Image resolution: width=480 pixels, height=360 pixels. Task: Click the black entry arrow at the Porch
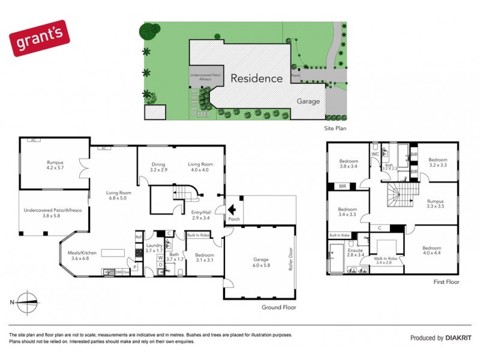[231, 210]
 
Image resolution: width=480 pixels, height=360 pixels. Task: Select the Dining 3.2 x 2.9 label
[158, 167]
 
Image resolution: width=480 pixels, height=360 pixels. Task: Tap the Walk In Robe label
[383, 260]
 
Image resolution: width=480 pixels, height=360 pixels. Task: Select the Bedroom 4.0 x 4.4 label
[432, 251]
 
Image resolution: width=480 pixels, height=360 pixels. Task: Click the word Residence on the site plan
[256, 78]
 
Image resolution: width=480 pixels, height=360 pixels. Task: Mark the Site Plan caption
[334, 128]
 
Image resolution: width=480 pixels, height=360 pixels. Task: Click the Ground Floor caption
[279, 307]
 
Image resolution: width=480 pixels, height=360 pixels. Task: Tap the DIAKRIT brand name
[459, 338]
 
